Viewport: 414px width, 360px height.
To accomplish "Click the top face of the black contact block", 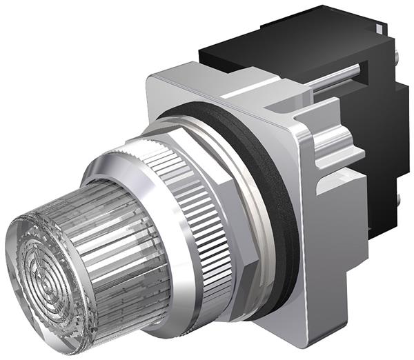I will [x=304, y=31].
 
